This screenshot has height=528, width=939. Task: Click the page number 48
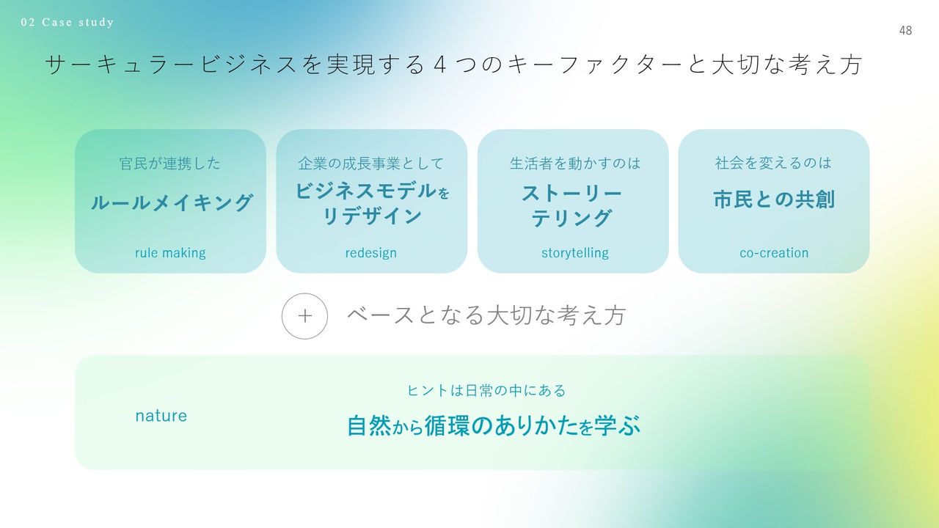tap(905, 31)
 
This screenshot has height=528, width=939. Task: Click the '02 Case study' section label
tap(67, 22)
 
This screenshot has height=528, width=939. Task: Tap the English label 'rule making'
tap(170, 253)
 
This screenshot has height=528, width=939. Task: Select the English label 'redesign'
tap(371, 253)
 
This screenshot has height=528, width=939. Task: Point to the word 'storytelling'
tap(575, 253)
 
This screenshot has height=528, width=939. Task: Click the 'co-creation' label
tap(774, 253)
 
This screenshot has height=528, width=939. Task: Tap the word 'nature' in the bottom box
tap(161, 416)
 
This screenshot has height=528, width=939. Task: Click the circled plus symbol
tap(304, 316)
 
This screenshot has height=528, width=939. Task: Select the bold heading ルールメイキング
tap(172, 202)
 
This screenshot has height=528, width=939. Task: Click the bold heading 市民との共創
tap(774, 199)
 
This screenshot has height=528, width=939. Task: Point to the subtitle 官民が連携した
tap(170, 164)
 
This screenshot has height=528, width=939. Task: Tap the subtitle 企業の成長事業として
tap(371, 164)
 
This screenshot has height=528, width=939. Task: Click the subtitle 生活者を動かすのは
tap(575, 164)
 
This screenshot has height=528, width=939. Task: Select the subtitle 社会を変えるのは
tap(774, 163)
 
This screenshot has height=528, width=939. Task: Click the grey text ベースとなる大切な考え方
tap(486, 315)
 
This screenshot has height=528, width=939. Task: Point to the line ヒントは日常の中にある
tap(486, 391)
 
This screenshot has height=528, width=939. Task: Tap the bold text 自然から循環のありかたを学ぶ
tap(494, 426)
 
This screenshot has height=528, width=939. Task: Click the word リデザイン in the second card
tap(372, 216)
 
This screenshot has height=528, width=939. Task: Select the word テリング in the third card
tap(572, 219)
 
